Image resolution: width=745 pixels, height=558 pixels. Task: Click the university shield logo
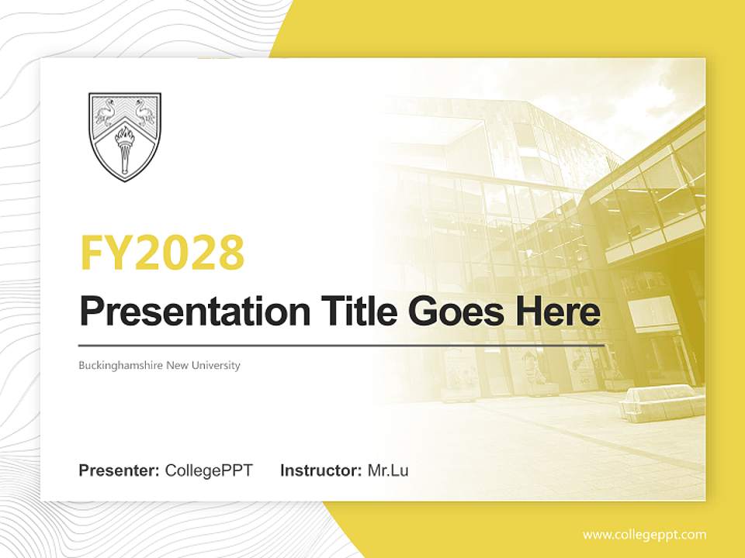tap(125, 137)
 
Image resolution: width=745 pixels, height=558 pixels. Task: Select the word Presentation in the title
tap(184, 312)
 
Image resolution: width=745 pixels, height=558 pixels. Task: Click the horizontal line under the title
tap(341, 345)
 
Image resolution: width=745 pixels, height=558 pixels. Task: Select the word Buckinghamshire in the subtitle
tap(120, 366)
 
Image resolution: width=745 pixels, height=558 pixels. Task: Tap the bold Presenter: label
tap(120, 470)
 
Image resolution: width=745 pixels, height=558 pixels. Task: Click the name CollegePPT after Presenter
tap(209, 470)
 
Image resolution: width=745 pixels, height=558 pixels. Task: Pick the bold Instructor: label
tap(321, 470)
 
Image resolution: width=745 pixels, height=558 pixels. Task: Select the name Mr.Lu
tap(388, 470)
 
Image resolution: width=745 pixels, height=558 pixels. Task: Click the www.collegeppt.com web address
tap(644, 535)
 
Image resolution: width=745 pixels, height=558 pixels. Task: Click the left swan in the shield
tap(106, 113)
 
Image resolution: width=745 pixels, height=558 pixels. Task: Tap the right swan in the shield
tap(143, 113)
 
